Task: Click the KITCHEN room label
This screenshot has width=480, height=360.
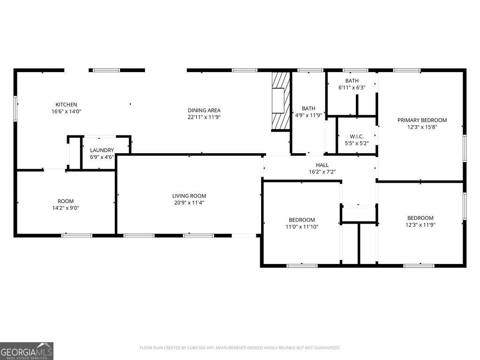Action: click(x=66, y=105)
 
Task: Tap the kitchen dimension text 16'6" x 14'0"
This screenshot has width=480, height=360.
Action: click(x=66, y=112)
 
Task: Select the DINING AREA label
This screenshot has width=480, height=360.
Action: click(x=204, y=111)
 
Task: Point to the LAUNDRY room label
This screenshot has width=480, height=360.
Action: click(x=102, y=150)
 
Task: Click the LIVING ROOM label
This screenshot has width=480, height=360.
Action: click(x=189, y=196)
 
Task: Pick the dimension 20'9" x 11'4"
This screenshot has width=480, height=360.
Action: click(x=189, y=203)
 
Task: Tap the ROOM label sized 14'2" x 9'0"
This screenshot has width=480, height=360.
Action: click(x=66, y=201)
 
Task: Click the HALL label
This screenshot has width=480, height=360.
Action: click(x=322, y=165)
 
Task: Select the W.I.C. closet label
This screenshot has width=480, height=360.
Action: click(x=357, y=136)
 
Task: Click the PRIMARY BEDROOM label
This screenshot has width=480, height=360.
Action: click(x=422, y=120)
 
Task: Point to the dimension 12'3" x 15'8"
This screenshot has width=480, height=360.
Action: click(x=422, y=127)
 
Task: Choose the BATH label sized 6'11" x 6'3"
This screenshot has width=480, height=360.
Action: click(x=352, y=81)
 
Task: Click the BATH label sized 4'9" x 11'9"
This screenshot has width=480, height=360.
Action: click(x=308, y=108)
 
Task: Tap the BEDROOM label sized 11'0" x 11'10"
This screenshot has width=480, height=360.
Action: click(x=301, y=220)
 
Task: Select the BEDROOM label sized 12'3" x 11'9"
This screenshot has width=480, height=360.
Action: click(x=420, y=218)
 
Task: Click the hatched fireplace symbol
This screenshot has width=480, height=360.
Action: click(x=281, y=101)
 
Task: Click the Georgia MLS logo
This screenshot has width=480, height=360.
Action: click(x=27, y=351)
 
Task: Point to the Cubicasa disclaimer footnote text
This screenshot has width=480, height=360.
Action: click(x=240, y=348)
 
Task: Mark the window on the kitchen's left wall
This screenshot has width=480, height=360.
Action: click(x=15, y=108)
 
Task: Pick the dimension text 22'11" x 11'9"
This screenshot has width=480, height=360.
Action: click(x=204, y=118)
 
